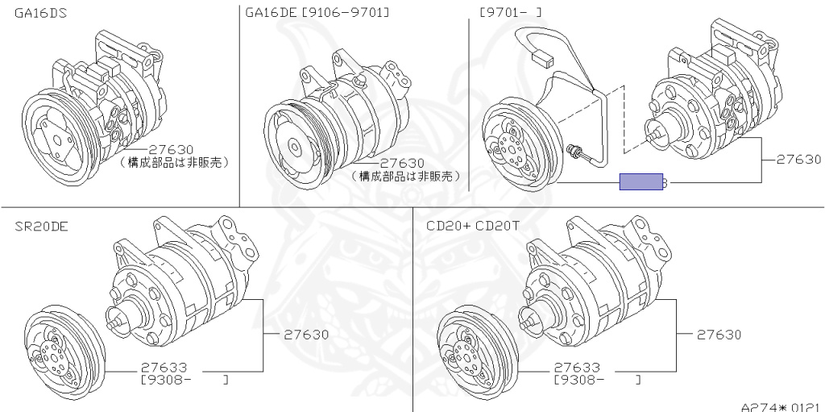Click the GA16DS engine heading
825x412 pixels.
[40, 12]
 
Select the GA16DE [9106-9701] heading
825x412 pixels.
[317, 12]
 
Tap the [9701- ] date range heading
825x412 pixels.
[510, 11]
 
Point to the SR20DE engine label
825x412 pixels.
[41, 227]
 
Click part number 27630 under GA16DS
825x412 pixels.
[171, 150]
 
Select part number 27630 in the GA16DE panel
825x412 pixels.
[402, 164]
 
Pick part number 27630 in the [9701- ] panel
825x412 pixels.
[798, 160]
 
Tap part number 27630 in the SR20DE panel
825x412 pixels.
[306, 335]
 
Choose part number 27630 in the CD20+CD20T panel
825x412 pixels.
[719, 335]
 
